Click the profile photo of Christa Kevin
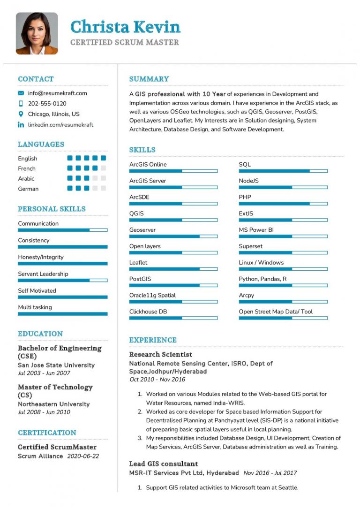[x=37, y=33]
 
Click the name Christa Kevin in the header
[x=125, y=27]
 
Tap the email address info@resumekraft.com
[x=57, y=93]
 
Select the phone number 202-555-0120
[x=47, y=103]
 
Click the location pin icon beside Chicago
[x=21, y=114]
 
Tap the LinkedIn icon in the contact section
[x=21, y=125]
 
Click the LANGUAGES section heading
[x=41, y=145]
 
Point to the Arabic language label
[x=26, y=178]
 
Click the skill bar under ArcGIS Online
[x=173, y=171]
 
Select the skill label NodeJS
[x=248, y=181]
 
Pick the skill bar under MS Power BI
[x=283, y=236]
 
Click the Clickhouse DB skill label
[x=148, y=312]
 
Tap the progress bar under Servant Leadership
[x=63, y=280]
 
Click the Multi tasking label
[x=35, y=307]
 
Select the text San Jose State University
[x=56, y=365]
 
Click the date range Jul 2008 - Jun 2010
[x=44, y=412]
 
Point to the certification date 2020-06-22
[x=83, y=456]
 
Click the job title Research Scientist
[x=160, y=354]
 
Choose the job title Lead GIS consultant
[x=164, y=464]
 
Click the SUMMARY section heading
[x=149, y=79]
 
